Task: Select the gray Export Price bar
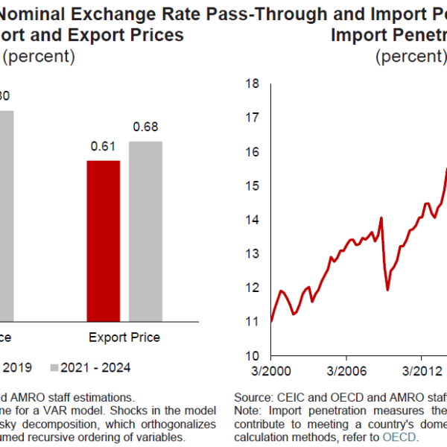click(145, 231)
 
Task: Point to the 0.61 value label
click(104, 147)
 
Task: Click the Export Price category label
click(124, 337)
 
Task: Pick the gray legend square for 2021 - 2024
click(54, 367)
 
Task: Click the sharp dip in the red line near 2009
click(387, 288)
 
